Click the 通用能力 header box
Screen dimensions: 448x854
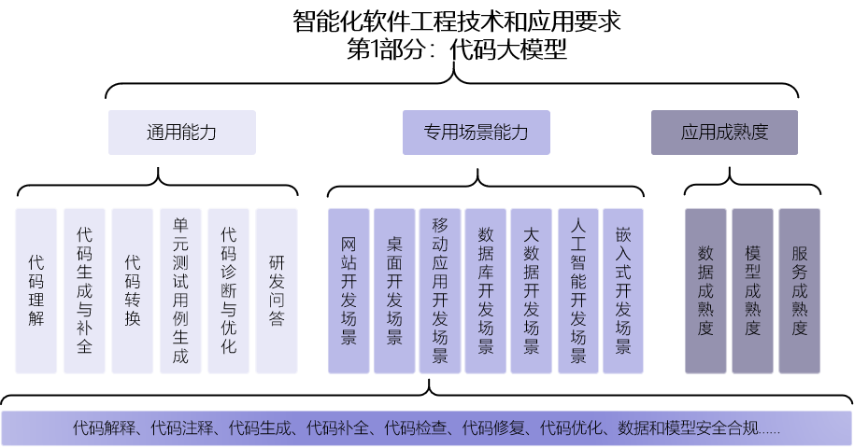[x=181, y=133]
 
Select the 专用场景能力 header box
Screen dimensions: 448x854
[x=476, y=133]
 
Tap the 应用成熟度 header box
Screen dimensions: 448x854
[x=724, y=133]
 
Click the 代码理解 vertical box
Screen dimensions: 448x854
[x=36, y=290]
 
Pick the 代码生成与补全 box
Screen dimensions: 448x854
[x=84, y=290]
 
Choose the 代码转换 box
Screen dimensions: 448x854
[x=133, y=290]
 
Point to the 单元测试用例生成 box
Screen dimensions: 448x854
[x=180, y=290]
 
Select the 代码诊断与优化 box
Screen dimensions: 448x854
[x=229, y=290]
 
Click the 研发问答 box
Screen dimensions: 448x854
[x=277, y=290]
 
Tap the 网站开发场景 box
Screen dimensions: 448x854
[x=349, y=290]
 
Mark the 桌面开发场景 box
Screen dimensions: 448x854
[x=394, y=290]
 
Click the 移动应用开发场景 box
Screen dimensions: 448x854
[x=440, y=290]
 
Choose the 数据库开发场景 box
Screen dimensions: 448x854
[x=486, y=290]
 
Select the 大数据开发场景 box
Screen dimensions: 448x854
[x=532, y=290]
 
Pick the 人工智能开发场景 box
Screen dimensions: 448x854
[x=577, y=290]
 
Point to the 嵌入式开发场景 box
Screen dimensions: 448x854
[x=623, y=290]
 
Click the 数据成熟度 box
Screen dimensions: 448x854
[x=705, y=290]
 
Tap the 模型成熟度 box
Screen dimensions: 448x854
[x=752, y=290]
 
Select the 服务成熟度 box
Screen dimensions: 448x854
[x=799, y=290]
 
